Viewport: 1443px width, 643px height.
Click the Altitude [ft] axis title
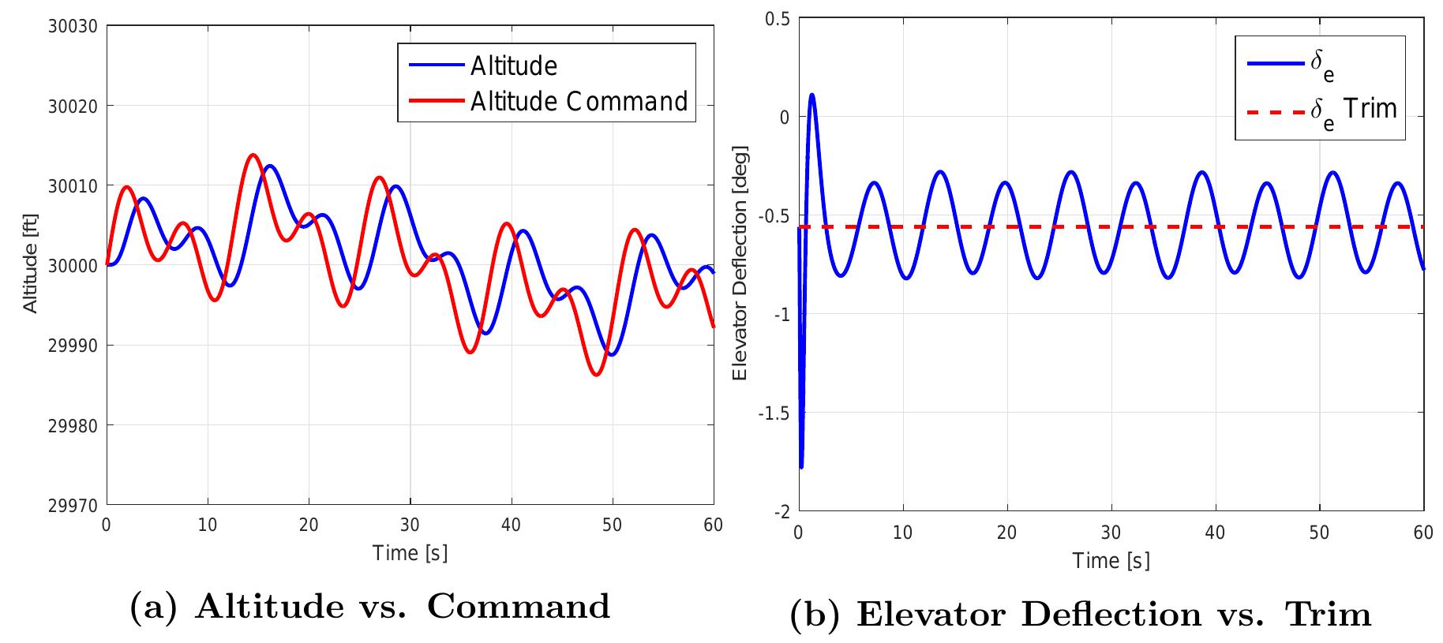point(31,265)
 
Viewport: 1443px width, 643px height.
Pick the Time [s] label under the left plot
point(410,552)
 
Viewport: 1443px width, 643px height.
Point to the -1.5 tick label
point(774,413)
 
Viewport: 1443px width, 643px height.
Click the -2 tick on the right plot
point(781,512)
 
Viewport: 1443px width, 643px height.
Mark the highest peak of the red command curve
point(253,155)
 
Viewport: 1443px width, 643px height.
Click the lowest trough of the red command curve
point(595,375)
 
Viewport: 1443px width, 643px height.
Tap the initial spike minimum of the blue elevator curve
point(802,467)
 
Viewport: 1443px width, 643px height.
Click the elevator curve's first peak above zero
point(811,95)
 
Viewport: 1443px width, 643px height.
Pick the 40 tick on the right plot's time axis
point(1215,533)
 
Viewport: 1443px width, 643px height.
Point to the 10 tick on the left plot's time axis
point(208,525)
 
